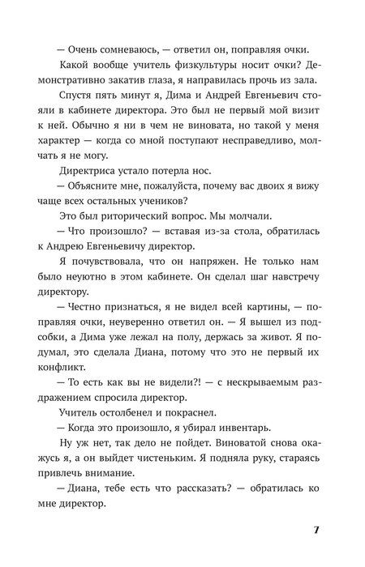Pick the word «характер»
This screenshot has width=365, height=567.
(x=67, y=168)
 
